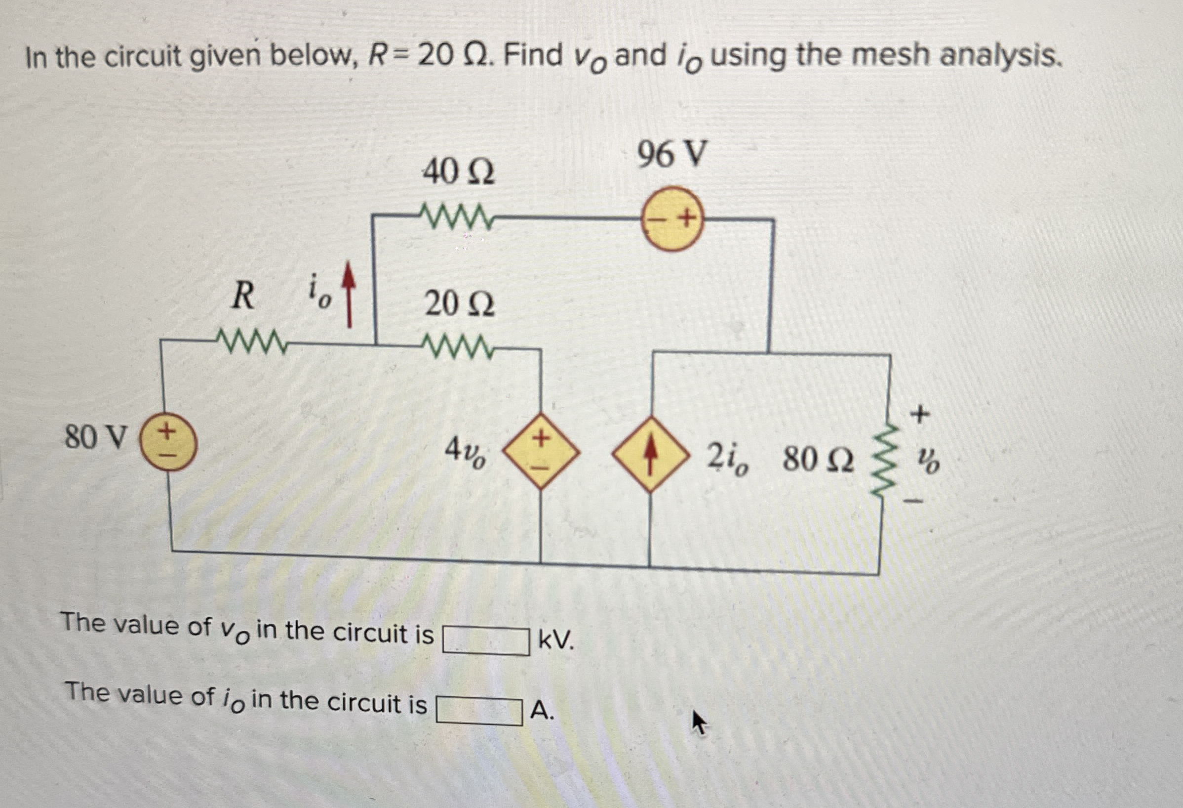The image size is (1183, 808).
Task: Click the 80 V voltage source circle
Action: click(x=168, y=442)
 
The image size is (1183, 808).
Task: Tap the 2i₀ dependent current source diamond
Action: click(x=650, y=454)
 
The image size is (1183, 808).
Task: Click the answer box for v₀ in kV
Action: click(x=485, y=640)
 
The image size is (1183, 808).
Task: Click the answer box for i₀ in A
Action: click(x=478, y=711)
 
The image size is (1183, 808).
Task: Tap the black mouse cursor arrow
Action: click(x=699, y=723)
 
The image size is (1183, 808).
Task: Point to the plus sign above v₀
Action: click(x=919, y=414)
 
